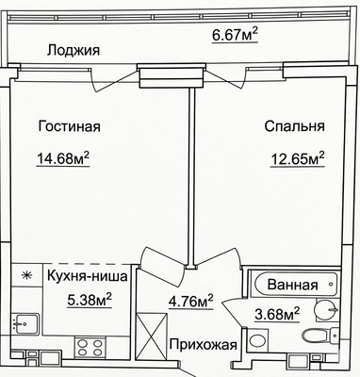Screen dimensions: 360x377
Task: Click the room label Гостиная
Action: [x=70, y=126]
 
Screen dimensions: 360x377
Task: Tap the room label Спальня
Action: [x=294, y=126]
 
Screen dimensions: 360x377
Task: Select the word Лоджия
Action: [x=74, y=51]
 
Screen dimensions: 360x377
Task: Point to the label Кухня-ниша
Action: [x=88, y=276]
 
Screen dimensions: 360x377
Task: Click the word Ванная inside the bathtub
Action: [x=293, y=285]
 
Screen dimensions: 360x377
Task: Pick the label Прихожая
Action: [x=204, y=345]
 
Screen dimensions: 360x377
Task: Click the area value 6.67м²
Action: [x=235, y=35]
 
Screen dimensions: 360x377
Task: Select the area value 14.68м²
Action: [x=63, y=158]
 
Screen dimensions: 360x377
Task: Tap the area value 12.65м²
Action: [x=298, y=158]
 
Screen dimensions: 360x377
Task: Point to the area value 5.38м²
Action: [x=90, y=300]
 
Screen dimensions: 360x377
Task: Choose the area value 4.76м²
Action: [x=191, y=302]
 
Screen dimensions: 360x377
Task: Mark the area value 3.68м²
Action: [x=277, y=314]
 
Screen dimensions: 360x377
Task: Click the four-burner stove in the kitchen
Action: [x=90, y=347]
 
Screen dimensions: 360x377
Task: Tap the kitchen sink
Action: [x=25, y=324]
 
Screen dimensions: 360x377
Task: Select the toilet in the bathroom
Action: [x=319, y=336]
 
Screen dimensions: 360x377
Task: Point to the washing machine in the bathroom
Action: [x=257, y=340]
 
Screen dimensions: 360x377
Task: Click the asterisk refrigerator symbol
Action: [x=26, y=275]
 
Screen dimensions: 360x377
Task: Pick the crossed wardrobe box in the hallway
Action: [x=152, y=336]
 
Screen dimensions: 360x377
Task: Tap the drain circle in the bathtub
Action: [x=330, y=284]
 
